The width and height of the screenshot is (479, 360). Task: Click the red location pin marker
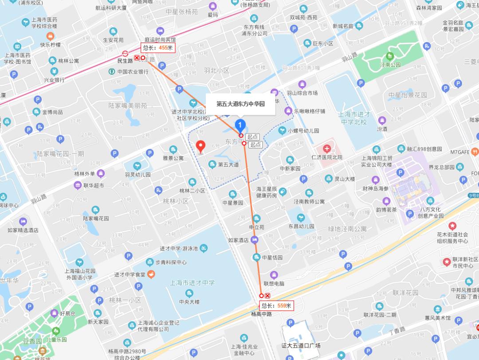point(200,146)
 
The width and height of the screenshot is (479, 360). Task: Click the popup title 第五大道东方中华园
point(240,104)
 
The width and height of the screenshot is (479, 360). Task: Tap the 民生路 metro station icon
point(126,52)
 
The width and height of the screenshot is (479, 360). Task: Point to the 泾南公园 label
point(390,65)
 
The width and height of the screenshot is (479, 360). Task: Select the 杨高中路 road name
point(261,314)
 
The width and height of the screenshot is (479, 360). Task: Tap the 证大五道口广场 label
point(301,345)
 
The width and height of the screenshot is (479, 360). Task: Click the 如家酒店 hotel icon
point(255,240)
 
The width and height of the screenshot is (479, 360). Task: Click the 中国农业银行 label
point(133,71)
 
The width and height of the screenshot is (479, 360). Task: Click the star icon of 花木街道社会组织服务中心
point(452,226)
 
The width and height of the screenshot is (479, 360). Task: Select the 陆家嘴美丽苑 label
point(128,106)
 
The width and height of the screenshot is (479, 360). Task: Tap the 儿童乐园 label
point(58,340)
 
